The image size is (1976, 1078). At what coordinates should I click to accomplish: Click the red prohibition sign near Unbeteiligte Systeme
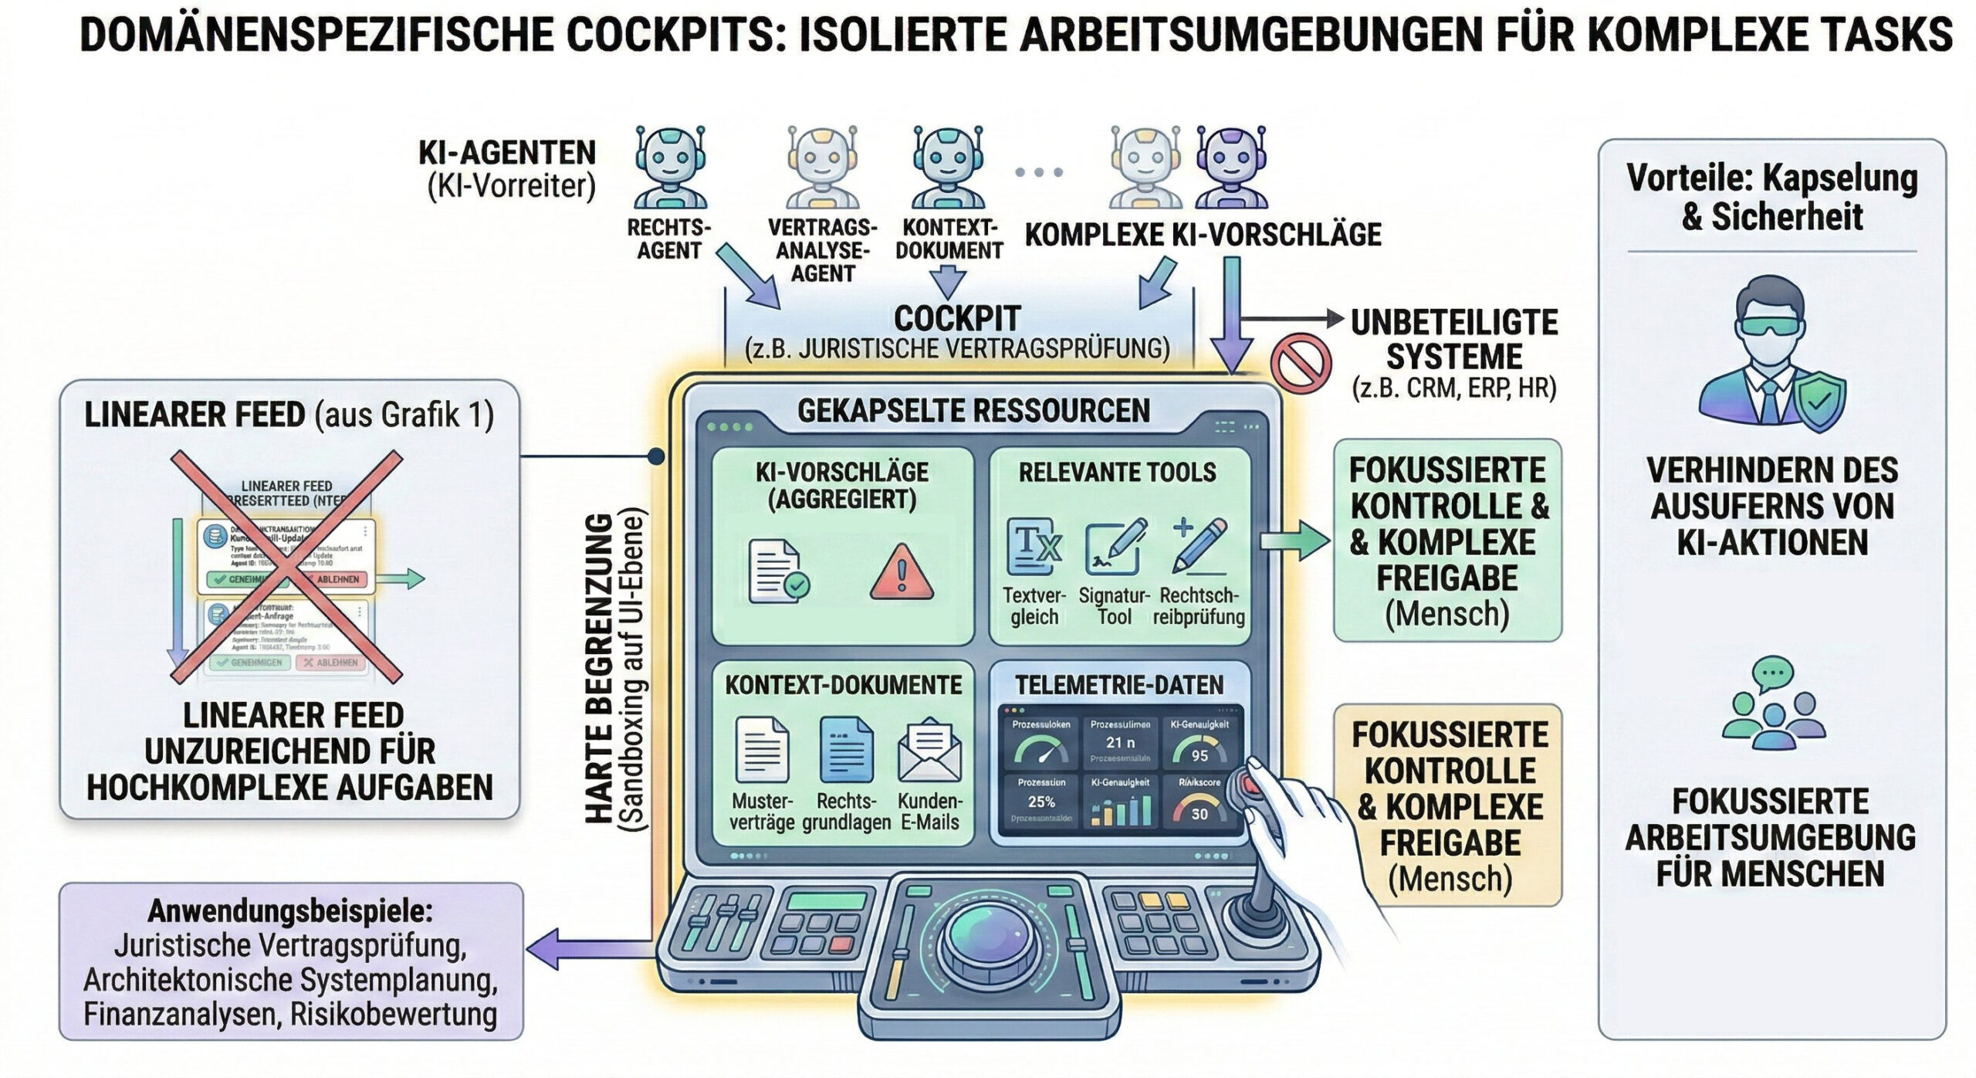[x=1301, y=364]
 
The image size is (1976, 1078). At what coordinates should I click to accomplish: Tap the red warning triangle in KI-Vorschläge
[x=901, y=572]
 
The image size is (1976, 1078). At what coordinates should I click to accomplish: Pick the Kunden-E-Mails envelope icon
[x=929, y=750]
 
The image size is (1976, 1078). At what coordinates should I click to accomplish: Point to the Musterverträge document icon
[x=762, y=750]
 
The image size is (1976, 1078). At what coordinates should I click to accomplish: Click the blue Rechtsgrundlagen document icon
[x=846, y=750]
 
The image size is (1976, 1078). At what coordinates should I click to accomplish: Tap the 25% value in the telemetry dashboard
[x=1040, y=802]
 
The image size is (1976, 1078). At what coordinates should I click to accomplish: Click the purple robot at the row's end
[x=1232, y=168]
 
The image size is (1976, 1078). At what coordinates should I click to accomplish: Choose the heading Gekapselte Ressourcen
[x=973, y=411]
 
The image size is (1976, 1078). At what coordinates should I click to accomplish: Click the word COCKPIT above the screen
[x=957, y=318]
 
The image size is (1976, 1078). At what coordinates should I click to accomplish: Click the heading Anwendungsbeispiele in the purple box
[x=290, y=911]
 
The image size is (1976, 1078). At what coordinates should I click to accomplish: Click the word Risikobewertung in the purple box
[x=394, y=1014]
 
